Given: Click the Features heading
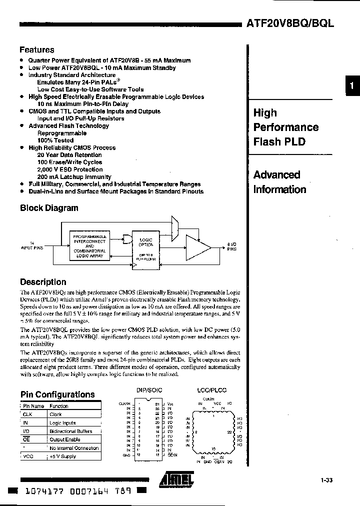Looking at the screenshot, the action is click(36, 50).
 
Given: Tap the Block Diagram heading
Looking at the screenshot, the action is click(49, 208).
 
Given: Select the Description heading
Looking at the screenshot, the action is click(43, 282).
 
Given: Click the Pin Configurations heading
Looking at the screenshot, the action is click(57, 394).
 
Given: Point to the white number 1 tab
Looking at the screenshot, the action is click(352, 85).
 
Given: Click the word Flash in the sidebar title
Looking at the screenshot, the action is click(268, 141).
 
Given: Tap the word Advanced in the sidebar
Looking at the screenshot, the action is click(276, 175).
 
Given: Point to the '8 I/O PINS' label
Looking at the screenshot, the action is click(232, 246).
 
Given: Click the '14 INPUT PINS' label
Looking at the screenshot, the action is click(32, 245).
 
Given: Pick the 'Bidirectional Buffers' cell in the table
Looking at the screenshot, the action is click(70, 431).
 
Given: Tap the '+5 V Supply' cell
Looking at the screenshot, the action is click(62, 456).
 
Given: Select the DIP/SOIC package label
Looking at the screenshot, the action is click(149, 390).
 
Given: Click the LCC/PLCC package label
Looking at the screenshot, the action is click(212, 390).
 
